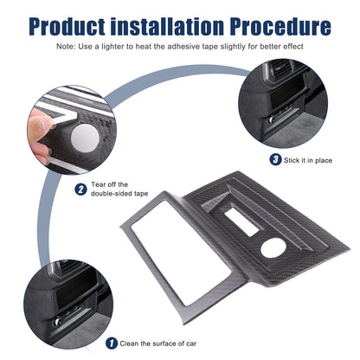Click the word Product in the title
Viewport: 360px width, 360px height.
coord(67,27)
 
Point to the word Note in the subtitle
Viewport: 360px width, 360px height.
coord(66,47)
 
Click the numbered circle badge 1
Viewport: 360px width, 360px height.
coord(112,344)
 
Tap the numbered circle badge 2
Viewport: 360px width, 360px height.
coord(80,190)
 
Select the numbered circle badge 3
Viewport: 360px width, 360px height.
coord(275,159)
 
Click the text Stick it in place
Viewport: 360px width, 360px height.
coord(308,160)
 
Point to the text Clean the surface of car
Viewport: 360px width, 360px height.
coord(158,344)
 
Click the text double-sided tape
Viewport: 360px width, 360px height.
coord(119,193)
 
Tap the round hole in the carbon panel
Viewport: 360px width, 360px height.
coord(273,248)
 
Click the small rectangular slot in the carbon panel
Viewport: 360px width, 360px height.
coord(242,222)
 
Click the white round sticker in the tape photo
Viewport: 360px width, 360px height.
coord(86,138)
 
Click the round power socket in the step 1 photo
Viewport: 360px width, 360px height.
coord(56,321)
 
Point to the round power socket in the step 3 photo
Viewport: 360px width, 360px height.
coord(271,120)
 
